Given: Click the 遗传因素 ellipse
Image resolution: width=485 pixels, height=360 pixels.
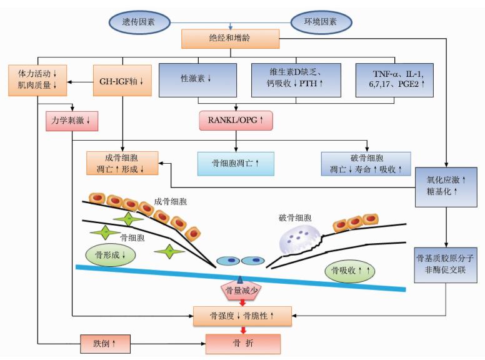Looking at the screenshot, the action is tap(139, 22).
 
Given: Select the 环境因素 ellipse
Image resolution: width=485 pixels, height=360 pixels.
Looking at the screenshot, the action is tap(321, 22).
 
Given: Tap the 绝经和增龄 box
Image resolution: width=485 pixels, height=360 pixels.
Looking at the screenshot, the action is tap(231, 39).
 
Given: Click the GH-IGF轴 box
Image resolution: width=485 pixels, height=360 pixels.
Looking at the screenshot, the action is tap(122, 81).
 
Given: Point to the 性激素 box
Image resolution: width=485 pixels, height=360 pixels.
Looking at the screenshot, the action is tap(197, 80).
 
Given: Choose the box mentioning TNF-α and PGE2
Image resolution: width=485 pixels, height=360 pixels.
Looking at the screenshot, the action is tap(394, 80).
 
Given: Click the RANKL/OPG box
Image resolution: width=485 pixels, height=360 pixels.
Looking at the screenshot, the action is tap(236, 120).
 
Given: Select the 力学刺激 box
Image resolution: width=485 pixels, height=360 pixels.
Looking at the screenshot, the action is tap(72, 121).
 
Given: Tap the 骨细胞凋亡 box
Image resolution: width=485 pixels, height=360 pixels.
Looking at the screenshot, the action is tap(236, 164).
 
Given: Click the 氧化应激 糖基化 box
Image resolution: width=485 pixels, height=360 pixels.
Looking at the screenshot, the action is tap(446, 187).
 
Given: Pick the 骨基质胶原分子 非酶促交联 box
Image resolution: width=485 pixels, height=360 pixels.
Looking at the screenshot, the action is tap(446, 265).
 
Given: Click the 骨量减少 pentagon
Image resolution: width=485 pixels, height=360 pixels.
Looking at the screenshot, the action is tap(241, 290).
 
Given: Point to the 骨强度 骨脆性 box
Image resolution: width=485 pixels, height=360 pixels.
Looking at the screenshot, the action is tap(242, 316).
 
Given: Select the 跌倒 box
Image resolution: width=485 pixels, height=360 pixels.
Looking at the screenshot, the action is tap(105, 344).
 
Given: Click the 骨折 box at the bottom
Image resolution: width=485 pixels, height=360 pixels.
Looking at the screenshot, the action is tap(243, 344).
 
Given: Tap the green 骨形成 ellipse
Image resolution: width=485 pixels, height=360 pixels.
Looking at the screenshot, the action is tap(111, 255).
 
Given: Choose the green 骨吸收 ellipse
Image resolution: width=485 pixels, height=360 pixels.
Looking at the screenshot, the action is tap(350, 271).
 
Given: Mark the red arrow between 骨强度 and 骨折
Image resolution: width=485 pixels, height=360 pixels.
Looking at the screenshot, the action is tap(243, 330).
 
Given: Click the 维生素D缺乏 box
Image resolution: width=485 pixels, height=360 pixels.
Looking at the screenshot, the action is tap(296, 80).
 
